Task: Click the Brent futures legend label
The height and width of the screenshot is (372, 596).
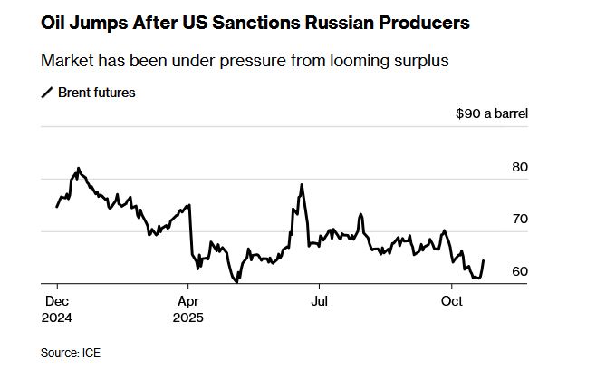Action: pos(97,92)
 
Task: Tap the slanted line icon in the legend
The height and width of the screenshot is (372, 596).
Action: pos(48,93)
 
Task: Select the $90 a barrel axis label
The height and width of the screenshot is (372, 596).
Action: pos(492,114)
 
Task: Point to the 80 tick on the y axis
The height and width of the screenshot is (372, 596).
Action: pos(519,167)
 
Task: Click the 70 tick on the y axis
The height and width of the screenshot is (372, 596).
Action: pos(519,220)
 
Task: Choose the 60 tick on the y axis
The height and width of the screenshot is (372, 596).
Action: pos(519,271)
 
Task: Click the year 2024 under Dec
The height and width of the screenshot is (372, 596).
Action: pos(57,318)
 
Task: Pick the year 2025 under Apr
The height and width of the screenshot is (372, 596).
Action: pos(189,318)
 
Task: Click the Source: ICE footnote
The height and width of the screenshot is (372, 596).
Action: pos(71,352)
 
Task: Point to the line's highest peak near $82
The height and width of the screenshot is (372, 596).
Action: pos(78,169)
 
